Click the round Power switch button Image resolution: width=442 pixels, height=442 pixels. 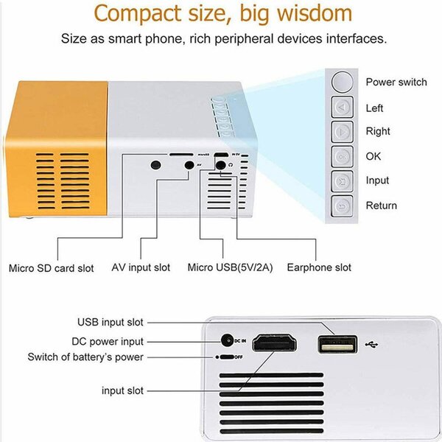tap(341, 81)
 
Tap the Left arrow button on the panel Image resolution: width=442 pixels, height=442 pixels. tap(341, 108)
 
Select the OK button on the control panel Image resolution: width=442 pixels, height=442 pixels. tap(341, 156)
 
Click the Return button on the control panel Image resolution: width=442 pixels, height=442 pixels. tap(341, 206)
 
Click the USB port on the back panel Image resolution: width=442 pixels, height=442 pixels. tap(338, 343)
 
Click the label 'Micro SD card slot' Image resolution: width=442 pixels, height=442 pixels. tap(52, 268)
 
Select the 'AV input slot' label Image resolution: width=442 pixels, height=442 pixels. tap(141, 267)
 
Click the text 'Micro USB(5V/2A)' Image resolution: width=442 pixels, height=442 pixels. tap(230, 267)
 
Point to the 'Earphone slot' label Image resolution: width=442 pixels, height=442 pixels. tap(319, 267)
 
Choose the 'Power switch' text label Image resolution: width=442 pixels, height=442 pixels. tap(396, 82)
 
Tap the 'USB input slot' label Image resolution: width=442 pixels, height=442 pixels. tap(110, 322)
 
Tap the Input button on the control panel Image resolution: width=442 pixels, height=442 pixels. tap(341, 180)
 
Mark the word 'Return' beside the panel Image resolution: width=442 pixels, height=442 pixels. tap(381, 206)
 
